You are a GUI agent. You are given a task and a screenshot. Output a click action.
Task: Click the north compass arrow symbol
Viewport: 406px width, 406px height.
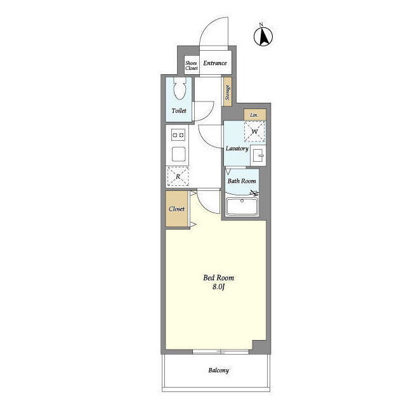(x=263, y=36)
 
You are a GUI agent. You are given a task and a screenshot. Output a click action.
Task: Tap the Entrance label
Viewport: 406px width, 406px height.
(x=215, y=63)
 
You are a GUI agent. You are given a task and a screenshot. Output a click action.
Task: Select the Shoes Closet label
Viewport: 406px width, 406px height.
(x=192, y=65)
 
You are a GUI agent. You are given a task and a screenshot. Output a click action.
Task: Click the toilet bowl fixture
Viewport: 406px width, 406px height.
(x=180, y=89)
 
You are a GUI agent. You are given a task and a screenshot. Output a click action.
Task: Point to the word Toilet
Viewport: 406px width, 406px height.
(x=179, y=110)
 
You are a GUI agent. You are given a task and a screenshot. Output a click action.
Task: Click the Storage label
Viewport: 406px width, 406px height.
(x=228, y=92)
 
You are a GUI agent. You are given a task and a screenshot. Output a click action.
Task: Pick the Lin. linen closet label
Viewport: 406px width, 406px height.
(x=254, y=115)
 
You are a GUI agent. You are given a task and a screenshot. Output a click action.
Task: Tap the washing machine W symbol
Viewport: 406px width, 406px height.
(x=255, y=131)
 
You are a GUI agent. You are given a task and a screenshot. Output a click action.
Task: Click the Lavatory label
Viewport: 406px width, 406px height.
(x=237, y=148)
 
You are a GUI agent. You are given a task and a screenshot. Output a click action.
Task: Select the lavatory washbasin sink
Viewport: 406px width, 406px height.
(x=258, y=155)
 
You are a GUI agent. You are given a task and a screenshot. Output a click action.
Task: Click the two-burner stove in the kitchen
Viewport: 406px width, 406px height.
(x=178, y=135)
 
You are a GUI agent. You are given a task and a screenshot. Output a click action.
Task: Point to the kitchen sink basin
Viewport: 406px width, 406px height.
(x=179, y=154)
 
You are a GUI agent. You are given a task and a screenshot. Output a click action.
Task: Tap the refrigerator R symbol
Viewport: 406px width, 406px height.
(x=178, y=176)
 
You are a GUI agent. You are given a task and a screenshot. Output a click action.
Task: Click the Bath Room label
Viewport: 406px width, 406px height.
(x=242, y=181)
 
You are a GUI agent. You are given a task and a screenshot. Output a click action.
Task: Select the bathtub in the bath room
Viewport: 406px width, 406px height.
(x=242, y=207)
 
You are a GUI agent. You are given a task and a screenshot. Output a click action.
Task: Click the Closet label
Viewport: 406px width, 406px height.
(x=176, y=209)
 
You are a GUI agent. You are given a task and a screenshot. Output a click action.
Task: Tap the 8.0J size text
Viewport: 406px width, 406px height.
(x=218, y=287)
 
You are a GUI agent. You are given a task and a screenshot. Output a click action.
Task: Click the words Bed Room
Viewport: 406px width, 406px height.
(x=218, y=278)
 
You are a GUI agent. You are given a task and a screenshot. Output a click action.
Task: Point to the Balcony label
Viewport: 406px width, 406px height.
(x=218, y=370)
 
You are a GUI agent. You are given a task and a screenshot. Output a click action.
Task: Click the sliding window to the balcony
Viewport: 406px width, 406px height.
(x=221, y=351)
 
